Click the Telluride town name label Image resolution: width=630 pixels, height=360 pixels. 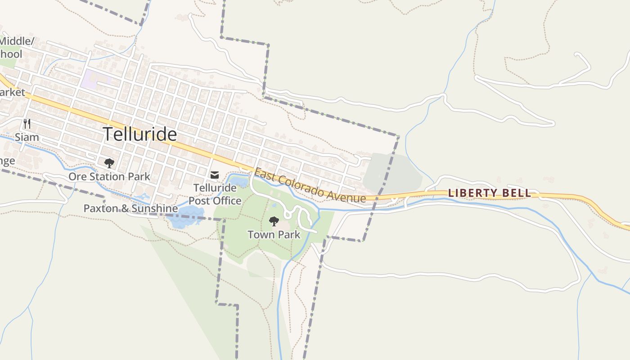tap(140, 134)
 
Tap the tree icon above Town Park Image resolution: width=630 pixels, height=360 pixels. tap(274, 221)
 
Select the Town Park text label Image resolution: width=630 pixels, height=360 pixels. tap(274, 234)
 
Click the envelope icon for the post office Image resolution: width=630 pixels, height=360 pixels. tap(215, 175)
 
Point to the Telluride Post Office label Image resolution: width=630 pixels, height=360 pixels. tap(215, 194)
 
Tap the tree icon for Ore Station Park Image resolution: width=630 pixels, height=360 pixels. tap(109, 163)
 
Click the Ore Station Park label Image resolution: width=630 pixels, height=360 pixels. tap(109, 176)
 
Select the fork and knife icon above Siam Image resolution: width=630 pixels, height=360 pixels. tap(27, 124)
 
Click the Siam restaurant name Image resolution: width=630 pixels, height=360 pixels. tap(27, 137)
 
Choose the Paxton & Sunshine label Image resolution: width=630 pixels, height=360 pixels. tap(130, 208)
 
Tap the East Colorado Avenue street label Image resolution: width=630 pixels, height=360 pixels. tap(310, 185)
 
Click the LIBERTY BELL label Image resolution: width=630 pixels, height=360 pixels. tap(490, 193)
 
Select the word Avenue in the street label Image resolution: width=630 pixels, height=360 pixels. tap(346, 194)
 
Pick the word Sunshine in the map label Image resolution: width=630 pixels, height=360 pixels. tap(154, 208)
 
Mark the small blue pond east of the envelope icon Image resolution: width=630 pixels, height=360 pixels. tap(239, 182)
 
